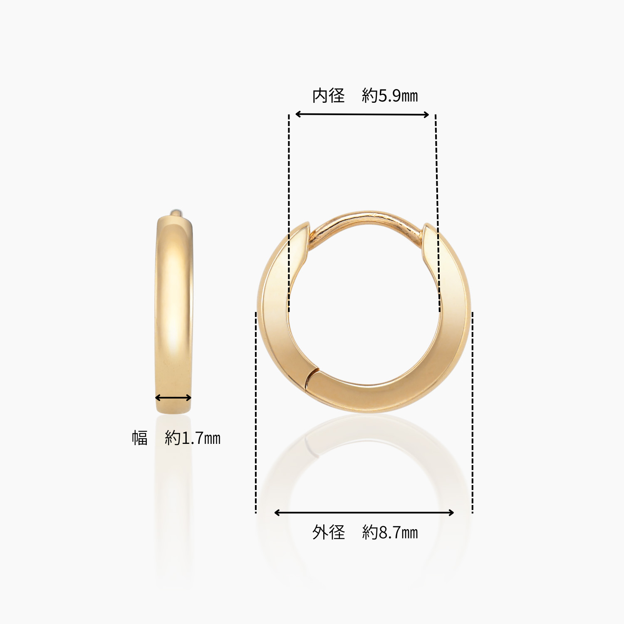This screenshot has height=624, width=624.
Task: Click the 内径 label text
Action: pyautogui.click(x=329, y=96)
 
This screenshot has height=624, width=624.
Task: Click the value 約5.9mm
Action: pyautogui.click(x=390, y=96)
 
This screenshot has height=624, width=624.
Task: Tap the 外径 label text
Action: pyautogui.click(x=329, y=532)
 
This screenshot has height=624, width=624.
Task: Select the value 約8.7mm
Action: pyautogui.click(x=390, y=532)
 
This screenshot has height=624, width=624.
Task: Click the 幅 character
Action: pyautogui.click(x=140, y=438)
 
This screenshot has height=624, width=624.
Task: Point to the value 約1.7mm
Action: pyautogui.click(x=193, y=438)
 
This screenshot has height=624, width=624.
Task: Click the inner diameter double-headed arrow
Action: pyautogui.click(x=362, y=114)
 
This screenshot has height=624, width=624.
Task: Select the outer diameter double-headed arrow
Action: pyautogui.click(x=364, y=513)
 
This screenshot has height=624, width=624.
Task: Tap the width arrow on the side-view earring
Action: pyautogui.click(x=173, y=398)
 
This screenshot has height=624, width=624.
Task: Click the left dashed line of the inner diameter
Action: pyautogui.click(x=289, y=212)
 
